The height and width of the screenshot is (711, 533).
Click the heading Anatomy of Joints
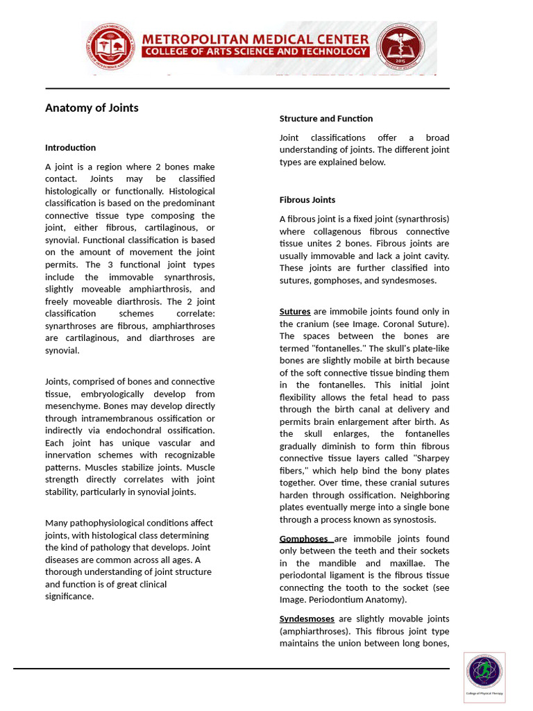click(92, 108)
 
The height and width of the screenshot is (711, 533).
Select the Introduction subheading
click(70, 147)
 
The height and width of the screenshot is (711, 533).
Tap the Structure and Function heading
click(325, 118)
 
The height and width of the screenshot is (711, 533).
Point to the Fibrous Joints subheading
click(307, 199)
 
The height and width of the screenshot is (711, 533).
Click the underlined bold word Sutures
click(295, 311)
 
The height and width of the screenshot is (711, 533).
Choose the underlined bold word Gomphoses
click(304, 538)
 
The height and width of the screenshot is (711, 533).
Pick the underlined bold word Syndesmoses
click(307, 618)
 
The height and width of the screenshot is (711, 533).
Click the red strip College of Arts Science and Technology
click(255, 51)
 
